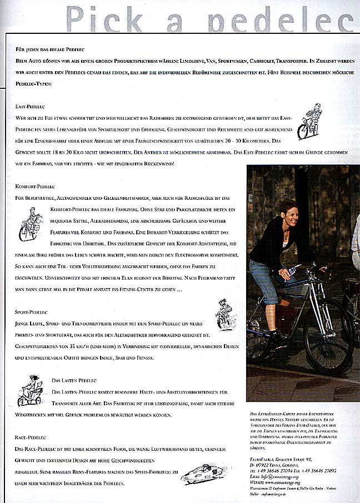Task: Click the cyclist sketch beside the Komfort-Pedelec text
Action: [x=31, y=223]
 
